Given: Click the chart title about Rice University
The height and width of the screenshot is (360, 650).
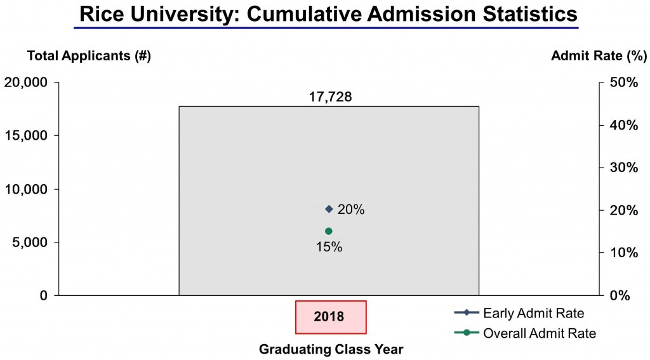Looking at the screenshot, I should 325,13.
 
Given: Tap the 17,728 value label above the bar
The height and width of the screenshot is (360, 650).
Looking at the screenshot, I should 328,97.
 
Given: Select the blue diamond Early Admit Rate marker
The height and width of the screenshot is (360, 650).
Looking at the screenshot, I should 329,209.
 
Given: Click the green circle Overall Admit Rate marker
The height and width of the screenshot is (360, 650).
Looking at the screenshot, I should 329,231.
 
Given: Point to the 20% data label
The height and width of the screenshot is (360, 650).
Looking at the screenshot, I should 351,210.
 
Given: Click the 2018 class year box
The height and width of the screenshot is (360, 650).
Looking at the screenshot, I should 331,316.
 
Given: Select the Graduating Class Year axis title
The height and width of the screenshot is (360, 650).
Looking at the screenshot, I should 331,349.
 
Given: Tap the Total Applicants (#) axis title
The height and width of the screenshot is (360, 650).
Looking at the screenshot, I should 88,56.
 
